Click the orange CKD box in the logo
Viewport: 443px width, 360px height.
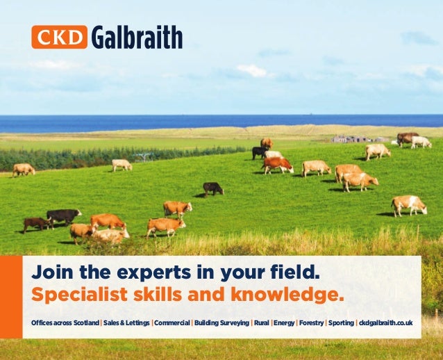click(x=59, y=37)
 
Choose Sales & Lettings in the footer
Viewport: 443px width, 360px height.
click(x=126, y=323)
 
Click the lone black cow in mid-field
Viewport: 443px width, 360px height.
click(x=212, y=188)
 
